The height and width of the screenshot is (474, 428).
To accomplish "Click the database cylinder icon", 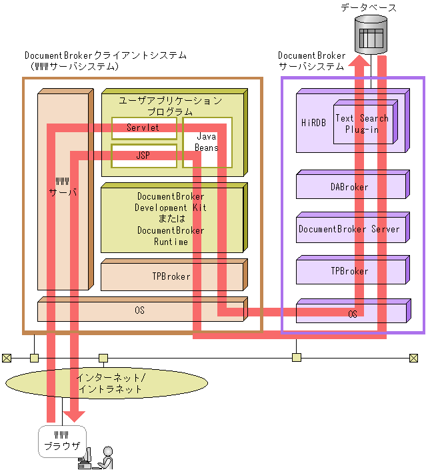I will (371, 35).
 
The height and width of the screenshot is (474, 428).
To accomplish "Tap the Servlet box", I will (143, 128).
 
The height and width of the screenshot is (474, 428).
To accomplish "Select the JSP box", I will (143, 155).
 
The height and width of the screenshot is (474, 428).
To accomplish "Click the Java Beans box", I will (207, 142).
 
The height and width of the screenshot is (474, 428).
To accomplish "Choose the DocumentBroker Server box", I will (349, 229).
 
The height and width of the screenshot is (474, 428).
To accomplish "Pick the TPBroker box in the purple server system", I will (349, 271).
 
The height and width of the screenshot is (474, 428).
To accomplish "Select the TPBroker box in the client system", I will (171, 276).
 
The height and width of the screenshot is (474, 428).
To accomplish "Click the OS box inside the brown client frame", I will (139, 310).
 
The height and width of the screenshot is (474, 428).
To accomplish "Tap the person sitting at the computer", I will (105, 458).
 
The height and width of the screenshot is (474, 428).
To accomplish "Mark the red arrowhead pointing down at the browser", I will (75, 415).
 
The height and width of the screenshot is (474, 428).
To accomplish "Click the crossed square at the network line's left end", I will (6, 358).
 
